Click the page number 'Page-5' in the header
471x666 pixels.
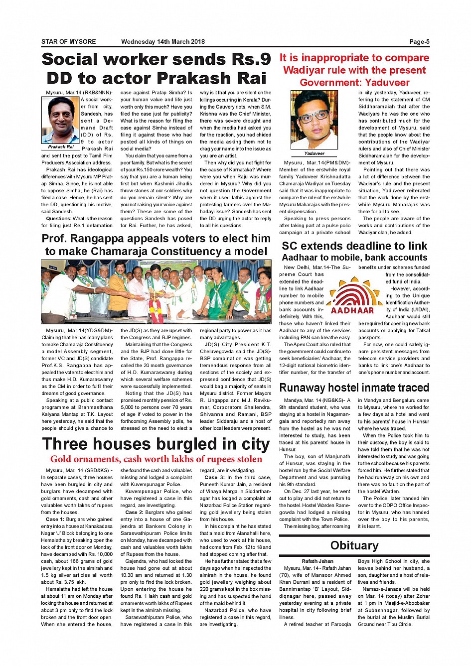click(419, 42)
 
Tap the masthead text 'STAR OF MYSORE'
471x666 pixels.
click(68, 42)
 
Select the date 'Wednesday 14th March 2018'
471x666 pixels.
click(162, 42)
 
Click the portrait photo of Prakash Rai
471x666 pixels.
click(61, 120)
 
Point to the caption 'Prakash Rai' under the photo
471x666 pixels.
click(61, 147)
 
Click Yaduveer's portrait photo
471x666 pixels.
click(314, 119)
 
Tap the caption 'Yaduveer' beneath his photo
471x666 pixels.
click(314, 153)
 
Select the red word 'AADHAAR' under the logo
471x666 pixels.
click(352, 310)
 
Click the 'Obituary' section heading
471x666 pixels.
click(354, 545)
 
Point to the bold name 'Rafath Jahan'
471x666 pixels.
click(317, 561)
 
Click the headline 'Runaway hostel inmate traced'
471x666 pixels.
click(354, 388)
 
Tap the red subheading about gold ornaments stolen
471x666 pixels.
click(156, 459)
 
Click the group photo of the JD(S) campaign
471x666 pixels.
click(156, 292)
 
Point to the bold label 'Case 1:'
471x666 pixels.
click(55, 519)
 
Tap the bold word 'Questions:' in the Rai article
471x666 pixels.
click(59, 218)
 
